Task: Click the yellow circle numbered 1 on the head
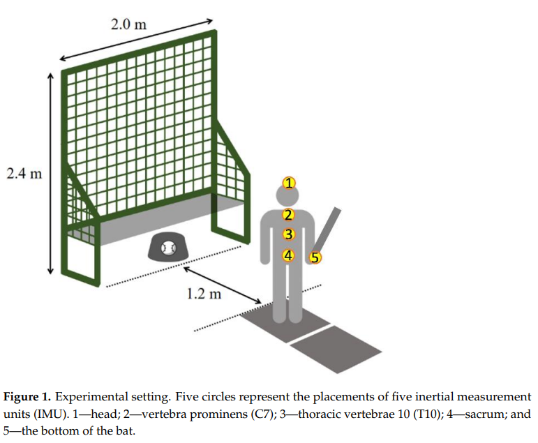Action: [x=287, y=183]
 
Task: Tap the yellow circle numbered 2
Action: [x=288, y=215]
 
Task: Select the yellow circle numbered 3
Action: [x=289, y=235]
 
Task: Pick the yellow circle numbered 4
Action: [x=289, y=255]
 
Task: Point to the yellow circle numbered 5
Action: [x=315, y=257]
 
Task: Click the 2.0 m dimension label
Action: [x=129, y=24]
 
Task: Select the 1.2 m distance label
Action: [x=204, y=293]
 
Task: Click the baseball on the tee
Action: [x=168, y=247]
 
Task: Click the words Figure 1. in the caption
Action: [x=27, y=397]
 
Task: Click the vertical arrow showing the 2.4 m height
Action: [x=50, y=174]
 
